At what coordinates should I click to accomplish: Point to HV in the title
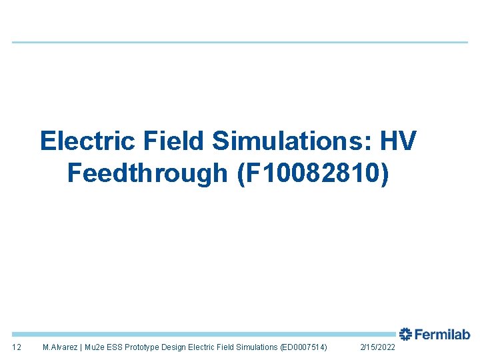[398, 141]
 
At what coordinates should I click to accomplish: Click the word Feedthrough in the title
[147, 173]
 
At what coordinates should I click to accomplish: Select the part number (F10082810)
[311, 173]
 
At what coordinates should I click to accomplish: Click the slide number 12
[17, 347]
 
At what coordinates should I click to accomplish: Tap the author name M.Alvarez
[59, 347]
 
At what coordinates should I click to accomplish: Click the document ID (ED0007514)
[304, 347]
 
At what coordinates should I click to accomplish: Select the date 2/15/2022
[377, 347]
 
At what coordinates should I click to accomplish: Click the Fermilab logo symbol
[405, 334]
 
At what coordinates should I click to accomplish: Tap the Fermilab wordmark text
[442, 335]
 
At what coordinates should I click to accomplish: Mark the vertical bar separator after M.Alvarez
[81, 347]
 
